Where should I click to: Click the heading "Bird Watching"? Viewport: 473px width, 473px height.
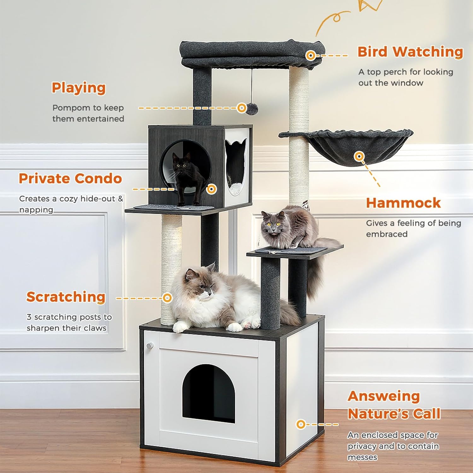tap(410, 52)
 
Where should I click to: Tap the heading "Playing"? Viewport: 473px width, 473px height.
tap(79, 88)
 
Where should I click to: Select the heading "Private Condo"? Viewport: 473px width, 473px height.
tap(70, 178)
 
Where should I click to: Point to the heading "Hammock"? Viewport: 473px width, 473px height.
tap(403, 203)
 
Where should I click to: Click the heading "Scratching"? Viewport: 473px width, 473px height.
tap(66, 297)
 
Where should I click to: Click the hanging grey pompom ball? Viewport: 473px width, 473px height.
tap(252, 109)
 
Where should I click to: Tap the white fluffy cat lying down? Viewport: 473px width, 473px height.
tap(221, 300)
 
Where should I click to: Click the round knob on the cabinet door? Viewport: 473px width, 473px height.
tap(149, 346)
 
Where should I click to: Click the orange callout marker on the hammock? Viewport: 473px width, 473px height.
tap(359, 156)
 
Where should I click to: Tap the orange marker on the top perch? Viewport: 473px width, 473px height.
tap(311, 56)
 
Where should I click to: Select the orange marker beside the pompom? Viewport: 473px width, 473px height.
tap(242, 108)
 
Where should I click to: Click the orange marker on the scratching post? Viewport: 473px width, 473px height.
tap(167, 298)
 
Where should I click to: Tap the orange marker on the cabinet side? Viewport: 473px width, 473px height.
tap(301, 424)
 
